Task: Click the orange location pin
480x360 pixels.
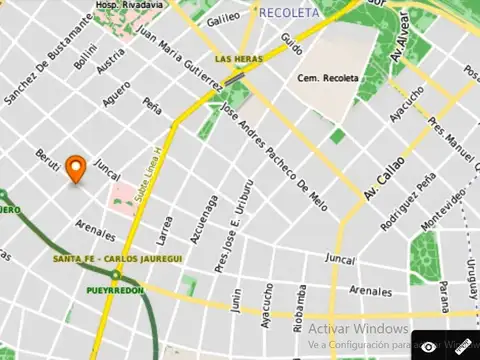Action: [75, 169]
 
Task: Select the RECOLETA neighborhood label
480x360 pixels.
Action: [289, 13]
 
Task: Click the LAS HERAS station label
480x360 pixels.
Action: [238, 59]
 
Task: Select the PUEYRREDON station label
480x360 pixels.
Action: [114, 290]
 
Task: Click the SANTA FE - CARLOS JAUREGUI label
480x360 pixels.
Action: [118, 259]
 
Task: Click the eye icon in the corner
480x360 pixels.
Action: [429, 346]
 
